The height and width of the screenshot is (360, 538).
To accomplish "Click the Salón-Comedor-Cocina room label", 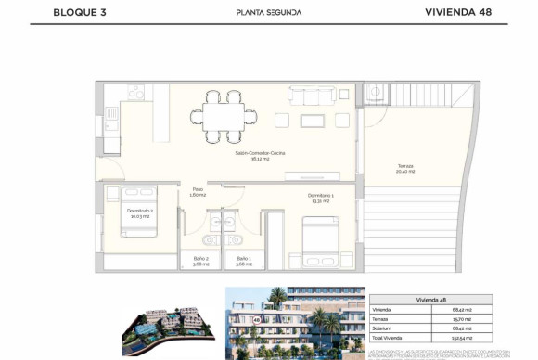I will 259,154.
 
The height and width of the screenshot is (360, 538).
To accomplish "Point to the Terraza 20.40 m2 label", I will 405,169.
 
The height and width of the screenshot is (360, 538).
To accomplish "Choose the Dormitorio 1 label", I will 321,198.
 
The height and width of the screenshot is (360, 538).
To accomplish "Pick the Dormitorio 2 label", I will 141,212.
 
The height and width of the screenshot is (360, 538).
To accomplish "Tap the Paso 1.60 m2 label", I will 197,192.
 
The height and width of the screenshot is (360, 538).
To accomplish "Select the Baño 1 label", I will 244,261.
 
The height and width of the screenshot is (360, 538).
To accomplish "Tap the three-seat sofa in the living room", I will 314,95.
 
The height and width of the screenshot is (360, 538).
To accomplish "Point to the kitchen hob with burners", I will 135,93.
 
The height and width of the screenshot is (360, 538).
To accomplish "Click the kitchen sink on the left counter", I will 111,115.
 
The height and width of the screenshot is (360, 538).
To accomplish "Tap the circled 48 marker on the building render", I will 254,319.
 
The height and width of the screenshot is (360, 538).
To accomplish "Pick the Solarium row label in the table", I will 383,330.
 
